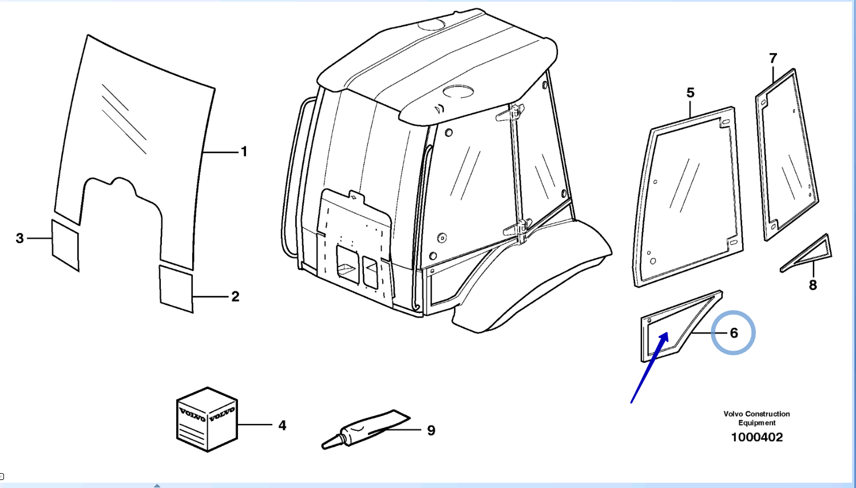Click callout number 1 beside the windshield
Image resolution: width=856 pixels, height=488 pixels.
coord(244,152)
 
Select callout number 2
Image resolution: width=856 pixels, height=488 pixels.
coord(235,296)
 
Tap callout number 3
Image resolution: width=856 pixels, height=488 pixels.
coord(20,238)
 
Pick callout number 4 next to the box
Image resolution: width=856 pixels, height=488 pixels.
coord(282,425)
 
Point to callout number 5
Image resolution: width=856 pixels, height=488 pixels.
coord(690,93)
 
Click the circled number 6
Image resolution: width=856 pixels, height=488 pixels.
coord(734,333)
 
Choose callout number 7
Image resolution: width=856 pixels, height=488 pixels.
coord(772,58)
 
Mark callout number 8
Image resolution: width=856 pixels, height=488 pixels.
coord(813,285)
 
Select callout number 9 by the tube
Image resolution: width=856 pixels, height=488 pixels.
coord(431,430)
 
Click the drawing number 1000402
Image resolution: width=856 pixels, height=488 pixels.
coord(756,437)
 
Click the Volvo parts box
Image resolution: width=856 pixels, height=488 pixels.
coord(207,419)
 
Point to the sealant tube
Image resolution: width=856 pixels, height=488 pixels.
coord(365,430)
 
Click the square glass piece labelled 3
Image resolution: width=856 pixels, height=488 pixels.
coord(65,245)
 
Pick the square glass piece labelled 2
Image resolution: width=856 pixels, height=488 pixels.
coord(176,289)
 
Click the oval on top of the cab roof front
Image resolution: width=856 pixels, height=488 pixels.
coord(458,92)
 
